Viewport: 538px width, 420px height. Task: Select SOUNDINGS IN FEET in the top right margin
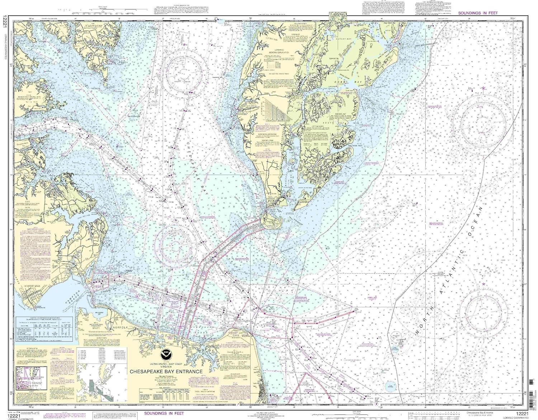point(478,13)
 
